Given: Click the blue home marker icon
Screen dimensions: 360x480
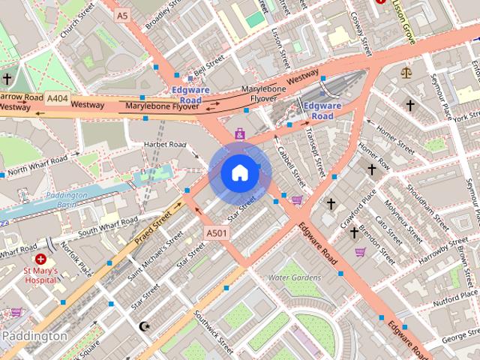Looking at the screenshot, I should click(239, 172).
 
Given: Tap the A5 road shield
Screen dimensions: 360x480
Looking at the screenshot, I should click(123, 14).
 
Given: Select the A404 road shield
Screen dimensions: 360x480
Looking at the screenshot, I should click(57, 97).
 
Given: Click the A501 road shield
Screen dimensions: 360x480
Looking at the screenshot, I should click(217, 234).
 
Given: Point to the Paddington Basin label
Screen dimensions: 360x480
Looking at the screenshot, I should click(66, 200).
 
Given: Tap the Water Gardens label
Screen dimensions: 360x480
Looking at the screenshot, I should click(295, 277).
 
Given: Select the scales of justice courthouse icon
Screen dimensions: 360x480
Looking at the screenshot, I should click(406, 73).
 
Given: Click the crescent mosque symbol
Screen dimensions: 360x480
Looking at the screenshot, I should click(145, 326).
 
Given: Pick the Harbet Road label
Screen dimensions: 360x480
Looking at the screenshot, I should click(164, 144).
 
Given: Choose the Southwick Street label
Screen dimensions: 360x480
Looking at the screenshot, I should click(214, 331).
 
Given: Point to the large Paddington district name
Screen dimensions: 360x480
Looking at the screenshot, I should click(34, 336).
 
